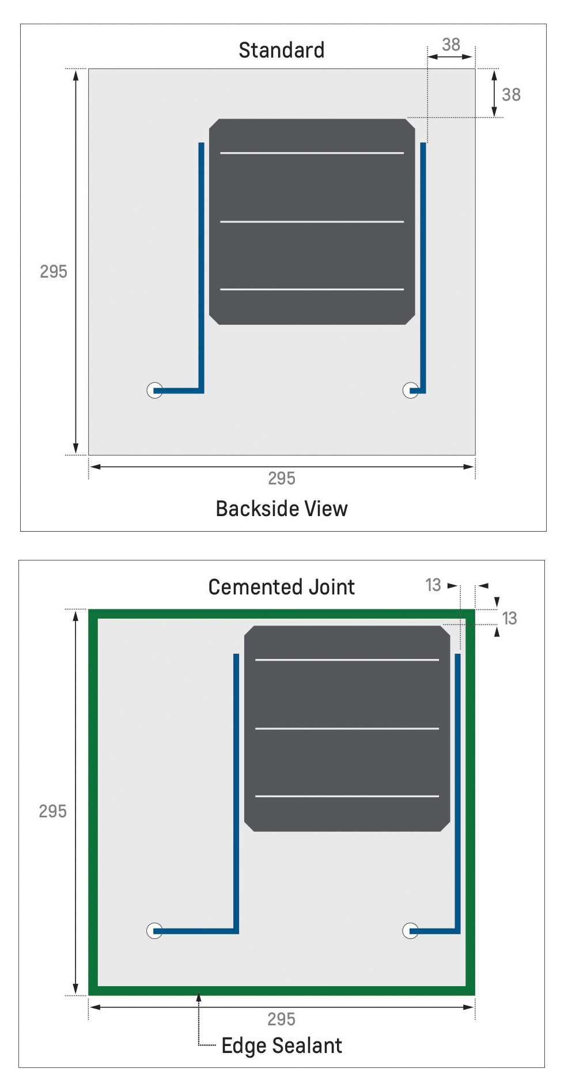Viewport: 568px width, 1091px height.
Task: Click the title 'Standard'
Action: pos(281,51)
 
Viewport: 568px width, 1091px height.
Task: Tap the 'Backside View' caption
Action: pos(281,509)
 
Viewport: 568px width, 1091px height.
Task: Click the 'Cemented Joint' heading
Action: pos(281,587)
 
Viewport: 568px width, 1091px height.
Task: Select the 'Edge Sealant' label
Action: pos(281,1045)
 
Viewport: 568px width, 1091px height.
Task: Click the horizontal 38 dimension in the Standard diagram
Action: pos(451,45)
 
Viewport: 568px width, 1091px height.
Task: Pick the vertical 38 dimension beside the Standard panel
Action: pos(511,94)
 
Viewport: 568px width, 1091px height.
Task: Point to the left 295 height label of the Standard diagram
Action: pos(54,271)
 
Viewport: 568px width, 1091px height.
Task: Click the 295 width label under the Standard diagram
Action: pos(281,478)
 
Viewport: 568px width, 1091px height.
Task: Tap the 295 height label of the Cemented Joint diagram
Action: pos(52,811)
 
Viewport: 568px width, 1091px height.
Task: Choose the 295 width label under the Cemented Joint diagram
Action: pos(281,1019)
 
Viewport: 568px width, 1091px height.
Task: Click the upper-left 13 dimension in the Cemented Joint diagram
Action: pos(433,585)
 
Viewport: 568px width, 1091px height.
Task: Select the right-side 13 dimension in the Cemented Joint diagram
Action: pos(509,619)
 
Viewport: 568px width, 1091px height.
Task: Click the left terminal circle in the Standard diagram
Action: pos(154,391)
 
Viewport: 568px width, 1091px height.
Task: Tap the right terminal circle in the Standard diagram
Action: pos(410,391)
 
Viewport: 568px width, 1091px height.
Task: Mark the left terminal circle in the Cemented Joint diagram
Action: pos(154,931)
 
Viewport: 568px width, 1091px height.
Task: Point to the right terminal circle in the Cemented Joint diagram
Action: pos(410,931)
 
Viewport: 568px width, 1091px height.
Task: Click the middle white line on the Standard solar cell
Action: pos(312,221)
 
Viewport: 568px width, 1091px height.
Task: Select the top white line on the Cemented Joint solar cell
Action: pos(347,660)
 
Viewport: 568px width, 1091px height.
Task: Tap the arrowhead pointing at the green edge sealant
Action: pos(199,997)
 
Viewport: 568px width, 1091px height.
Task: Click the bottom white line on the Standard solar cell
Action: pos(312,289)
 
